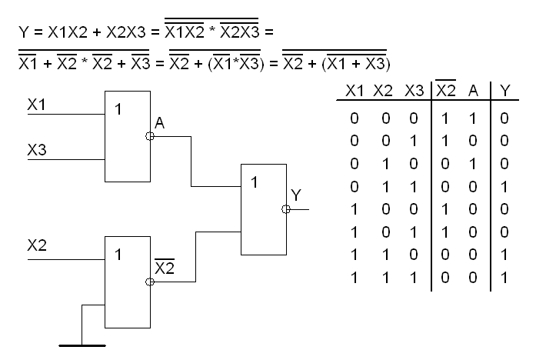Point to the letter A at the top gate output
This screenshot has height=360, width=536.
[159, 124]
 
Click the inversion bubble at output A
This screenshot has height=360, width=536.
[149, 135]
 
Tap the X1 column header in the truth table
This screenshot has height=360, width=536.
[354, 91]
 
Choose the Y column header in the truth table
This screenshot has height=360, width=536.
[504, 91]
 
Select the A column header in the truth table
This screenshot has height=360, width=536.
[475, 91]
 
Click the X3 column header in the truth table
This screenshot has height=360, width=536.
[412, 91]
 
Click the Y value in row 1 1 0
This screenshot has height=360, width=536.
[504, 255]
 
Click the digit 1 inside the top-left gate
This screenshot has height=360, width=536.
[118, 109]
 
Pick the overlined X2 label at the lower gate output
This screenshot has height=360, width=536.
[164, 268]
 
